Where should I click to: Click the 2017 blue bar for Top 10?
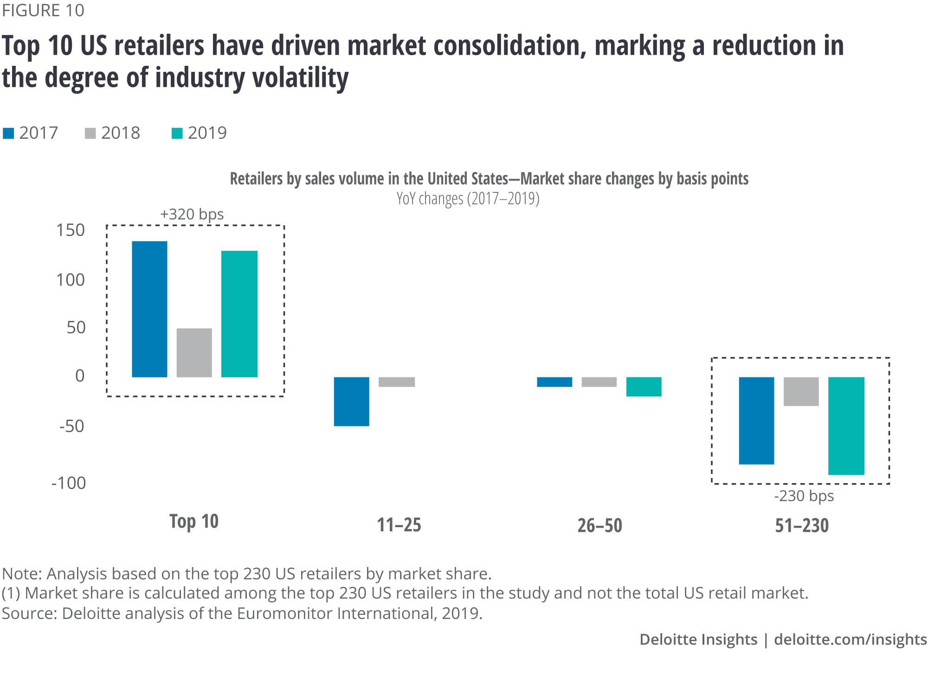click(x=149, y=309)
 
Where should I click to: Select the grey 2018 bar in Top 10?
click(x=194, y=352)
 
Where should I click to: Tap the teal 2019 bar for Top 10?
click(x=239, y=314)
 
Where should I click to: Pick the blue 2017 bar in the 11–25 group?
click(x=351, y=401)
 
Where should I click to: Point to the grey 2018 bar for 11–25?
click(x=396, y=382)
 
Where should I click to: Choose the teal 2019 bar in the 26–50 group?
click(x=644, y=387)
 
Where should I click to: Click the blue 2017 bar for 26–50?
click(x=554, y=382)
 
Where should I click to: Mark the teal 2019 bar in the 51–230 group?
click(x=846, y=426)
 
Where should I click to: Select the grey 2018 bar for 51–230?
click(x=801, y=391)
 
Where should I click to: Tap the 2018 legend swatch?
click(x=90, y=134)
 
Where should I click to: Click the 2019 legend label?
click(x=207, y=133)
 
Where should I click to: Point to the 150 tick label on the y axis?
click(x=71, y=230)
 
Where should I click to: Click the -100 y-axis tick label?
click(x=69, y=483)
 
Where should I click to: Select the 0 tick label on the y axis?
click(x=80, y=376)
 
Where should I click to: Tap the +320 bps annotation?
click(x=192, y=214)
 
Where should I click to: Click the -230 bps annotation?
click(x=804, y=496)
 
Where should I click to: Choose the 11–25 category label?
click(x=399, y=525)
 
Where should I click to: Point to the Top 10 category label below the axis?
click(x=193, y=521)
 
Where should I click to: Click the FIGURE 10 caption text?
click(x=43, y=10)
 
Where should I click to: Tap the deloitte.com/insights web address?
click(x=850, y=639)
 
